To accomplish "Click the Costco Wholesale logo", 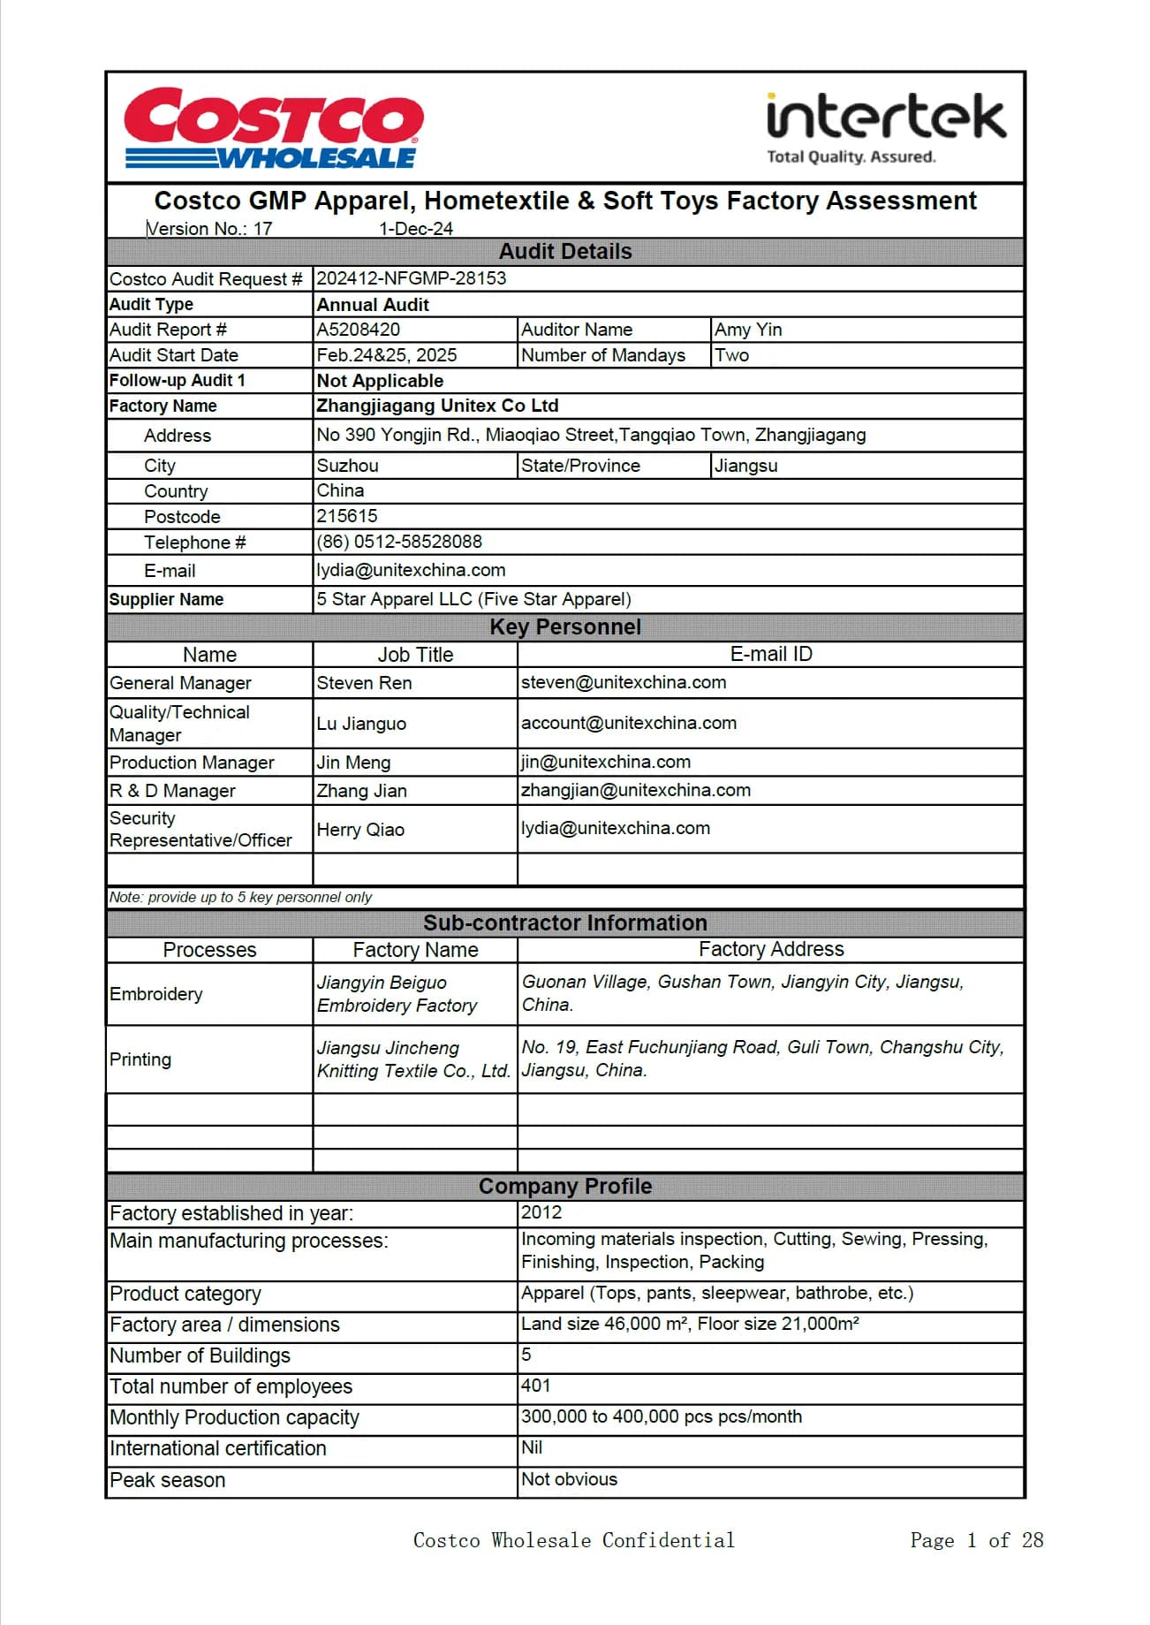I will [273, 128].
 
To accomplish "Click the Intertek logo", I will [886, 129].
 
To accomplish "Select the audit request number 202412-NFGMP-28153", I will [412, 278].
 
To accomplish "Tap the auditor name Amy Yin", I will [748, 330].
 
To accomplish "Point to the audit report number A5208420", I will [359, 330].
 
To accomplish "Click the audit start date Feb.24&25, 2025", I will [387, 355].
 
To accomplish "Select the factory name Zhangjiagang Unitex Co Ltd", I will [437, 406].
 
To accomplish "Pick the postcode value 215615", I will [347, 516].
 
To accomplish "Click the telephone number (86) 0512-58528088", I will [399, 542].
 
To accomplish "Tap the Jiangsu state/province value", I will [746, 466].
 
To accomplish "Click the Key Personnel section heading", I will [565, 627].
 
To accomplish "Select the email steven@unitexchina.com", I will [624, 682].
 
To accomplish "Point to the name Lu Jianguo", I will [361, 724].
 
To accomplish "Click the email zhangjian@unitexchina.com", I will [636, 790].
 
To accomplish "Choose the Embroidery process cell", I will [156, 994].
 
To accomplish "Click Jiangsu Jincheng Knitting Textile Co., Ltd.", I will [413, 1059].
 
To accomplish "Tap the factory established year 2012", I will [541, 1212].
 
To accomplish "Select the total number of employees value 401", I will [536, 1386].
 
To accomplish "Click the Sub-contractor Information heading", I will [565, 923].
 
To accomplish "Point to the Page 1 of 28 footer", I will [976, 1541].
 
